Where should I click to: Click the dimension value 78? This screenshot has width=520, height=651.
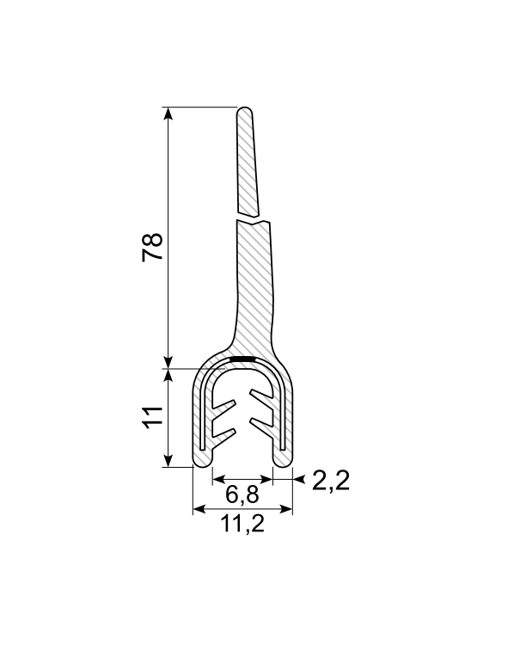click(152, 247)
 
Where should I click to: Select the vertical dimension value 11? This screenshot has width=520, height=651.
click(152, 417)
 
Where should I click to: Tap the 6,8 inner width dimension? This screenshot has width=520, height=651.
click(243, 495)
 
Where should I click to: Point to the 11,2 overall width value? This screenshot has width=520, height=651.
click(243, 525)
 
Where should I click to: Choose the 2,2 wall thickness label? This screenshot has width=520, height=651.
click(331, 481)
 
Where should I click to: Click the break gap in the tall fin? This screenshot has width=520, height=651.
click(253, 218)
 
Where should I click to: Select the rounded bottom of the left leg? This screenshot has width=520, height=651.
click(203, 461)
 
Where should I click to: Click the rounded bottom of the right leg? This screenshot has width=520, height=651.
click(284, 461)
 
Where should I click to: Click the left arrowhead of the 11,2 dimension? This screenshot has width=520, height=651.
click(198, 510)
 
